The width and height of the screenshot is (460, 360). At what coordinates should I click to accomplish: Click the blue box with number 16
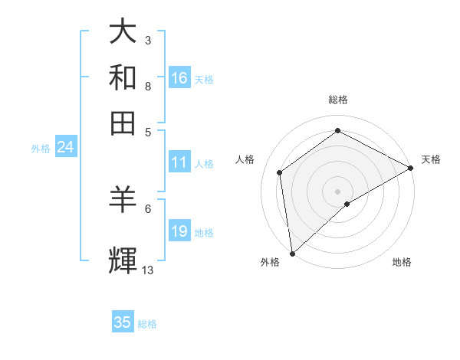(179, 78)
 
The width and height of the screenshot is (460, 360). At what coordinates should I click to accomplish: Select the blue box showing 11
(179, 162)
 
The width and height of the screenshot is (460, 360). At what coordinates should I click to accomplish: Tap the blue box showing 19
(179, 231)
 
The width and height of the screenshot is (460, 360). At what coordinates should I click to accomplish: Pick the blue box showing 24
(65, 148)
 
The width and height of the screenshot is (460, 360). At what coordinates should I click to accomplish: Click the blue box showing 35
(123, 322)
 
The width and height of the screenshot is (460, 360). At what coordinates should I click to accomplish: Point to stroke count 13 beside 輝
(148, 270)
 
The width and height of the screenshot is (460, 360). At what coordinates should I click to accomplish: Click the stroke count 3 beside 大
(148, 40)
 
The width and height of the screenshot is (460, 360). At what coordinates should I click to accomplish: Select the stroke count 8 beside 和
(148, 86)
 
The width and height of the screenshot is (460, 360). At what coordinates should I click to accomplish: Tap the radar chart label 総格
(337, 100)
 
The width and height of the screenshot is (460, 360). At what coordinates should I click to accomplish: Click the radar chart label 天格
(431, 159)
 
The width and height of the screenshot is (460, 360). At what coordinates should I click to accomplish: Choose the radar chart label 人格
(245, 159)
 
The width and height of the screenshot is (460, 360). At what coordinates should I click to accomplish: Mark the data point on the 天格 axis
(411, 168)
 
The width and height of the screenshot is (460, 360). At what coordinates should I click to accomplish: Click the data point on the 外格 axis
(292, 253)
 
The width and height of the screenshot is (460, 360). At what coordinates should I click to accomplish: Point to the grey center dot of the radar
(338, 191)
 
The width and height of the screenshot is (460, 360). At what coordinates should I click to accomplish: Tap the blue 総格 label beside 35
(147, 324)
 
